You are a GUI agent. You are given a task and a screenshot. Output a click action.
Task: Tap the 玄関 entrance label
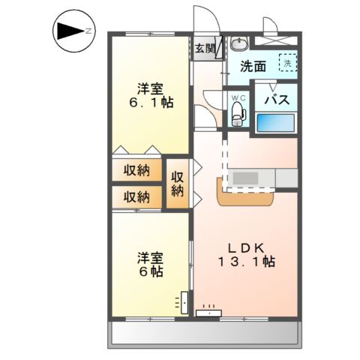tap(205, 49)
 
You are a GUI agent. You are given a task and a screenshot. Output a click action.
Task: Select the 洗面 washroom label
tap(253, 66)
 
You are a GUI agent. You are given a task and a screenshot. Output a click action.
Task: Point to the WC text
tap(238, 97)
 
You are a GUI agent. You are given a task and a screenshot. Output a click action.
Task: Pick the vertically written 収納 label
tap(178, 184)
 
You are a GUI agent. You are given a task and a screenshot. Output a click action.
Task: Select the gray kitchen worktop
tap(262, 178)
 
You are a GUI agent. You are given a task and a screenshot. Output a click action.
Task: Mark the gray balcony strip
tap(206, 333)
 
